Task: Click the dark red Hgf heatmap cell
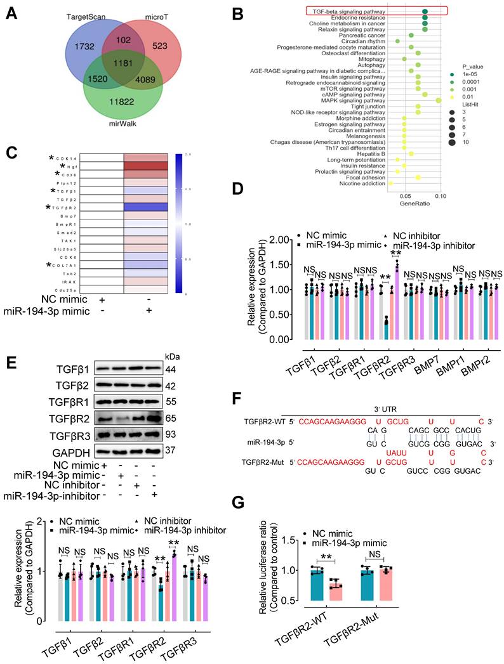coord(145,166)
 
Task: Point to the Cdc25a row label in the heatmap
coord(67,289)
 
